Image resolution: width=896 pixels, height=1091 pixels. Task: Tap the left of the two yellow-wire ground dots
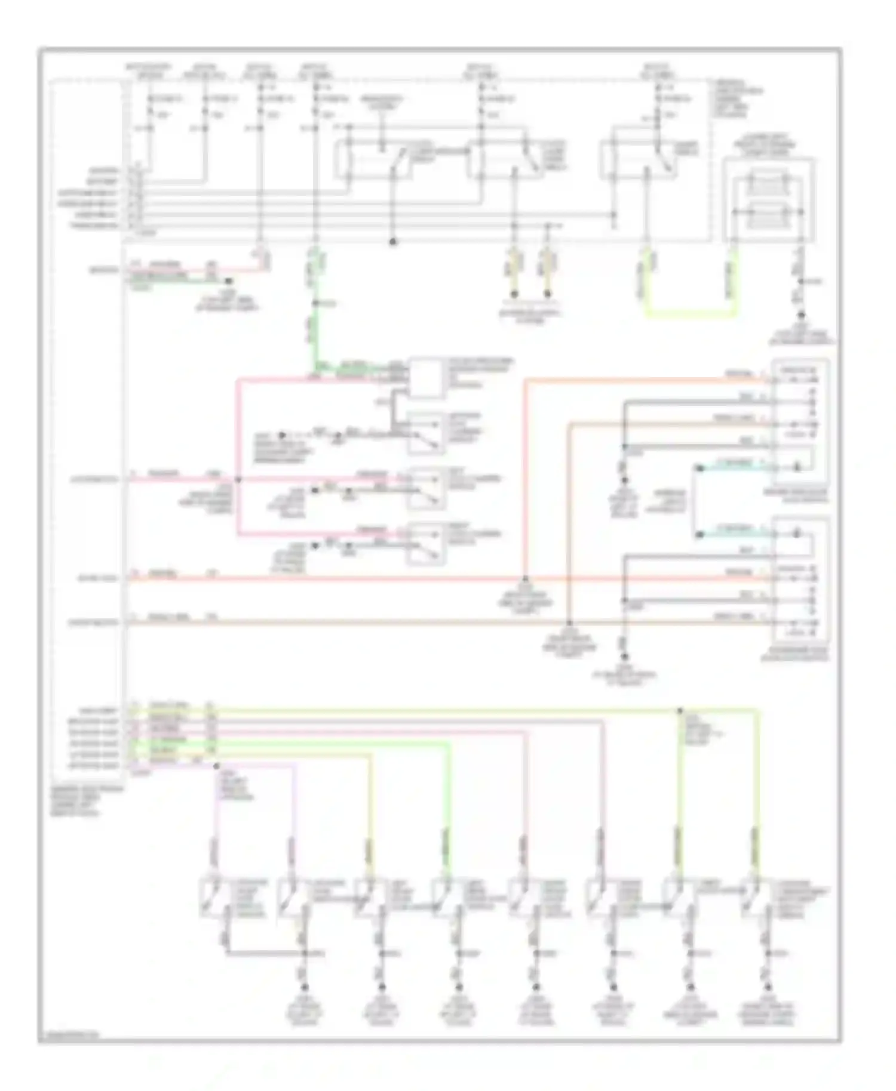(513, 294)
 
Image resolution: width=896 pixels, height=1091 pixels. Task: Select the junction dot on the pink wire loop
(238, 479)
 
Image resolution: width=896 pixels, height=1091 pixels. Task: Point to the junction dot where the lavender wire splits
(216, 765)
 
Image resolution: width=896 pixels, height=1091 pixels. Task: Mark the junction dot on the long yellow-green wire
(679, 711)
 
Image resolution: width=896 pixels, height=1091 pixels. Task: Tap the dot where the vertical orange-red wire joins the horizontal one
(525, 578)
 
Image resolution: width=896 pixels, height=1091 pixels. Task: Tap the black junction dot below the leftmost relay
(392, 242)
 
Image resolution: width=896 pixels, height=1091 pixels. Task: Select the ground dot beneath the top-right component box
(800, 316)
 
